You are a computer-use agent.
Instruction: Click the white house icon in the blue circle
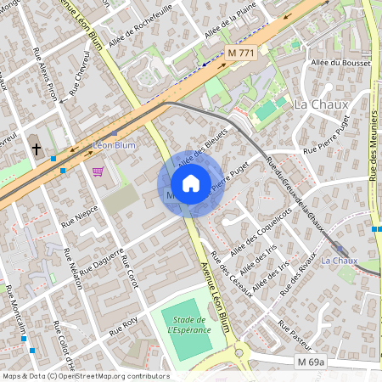(191, 183)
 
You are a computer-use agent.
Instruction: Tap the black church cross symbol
(36, 149)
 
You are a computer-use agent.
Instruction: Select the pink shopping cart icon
(98, 171)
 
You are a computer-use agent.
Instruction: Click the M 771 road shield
(241, 53)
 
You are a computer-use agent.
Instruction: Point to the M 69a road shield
(312, 362)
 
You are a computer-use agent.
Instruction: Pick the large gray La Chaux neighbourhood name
(314, 104)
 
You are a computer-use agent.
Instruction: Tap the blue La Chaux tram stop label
(340, 260)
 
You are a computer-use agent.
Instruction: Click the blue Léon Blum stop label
(114, 145)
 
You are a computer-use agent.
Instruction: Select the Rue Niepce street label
(80, 216)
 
